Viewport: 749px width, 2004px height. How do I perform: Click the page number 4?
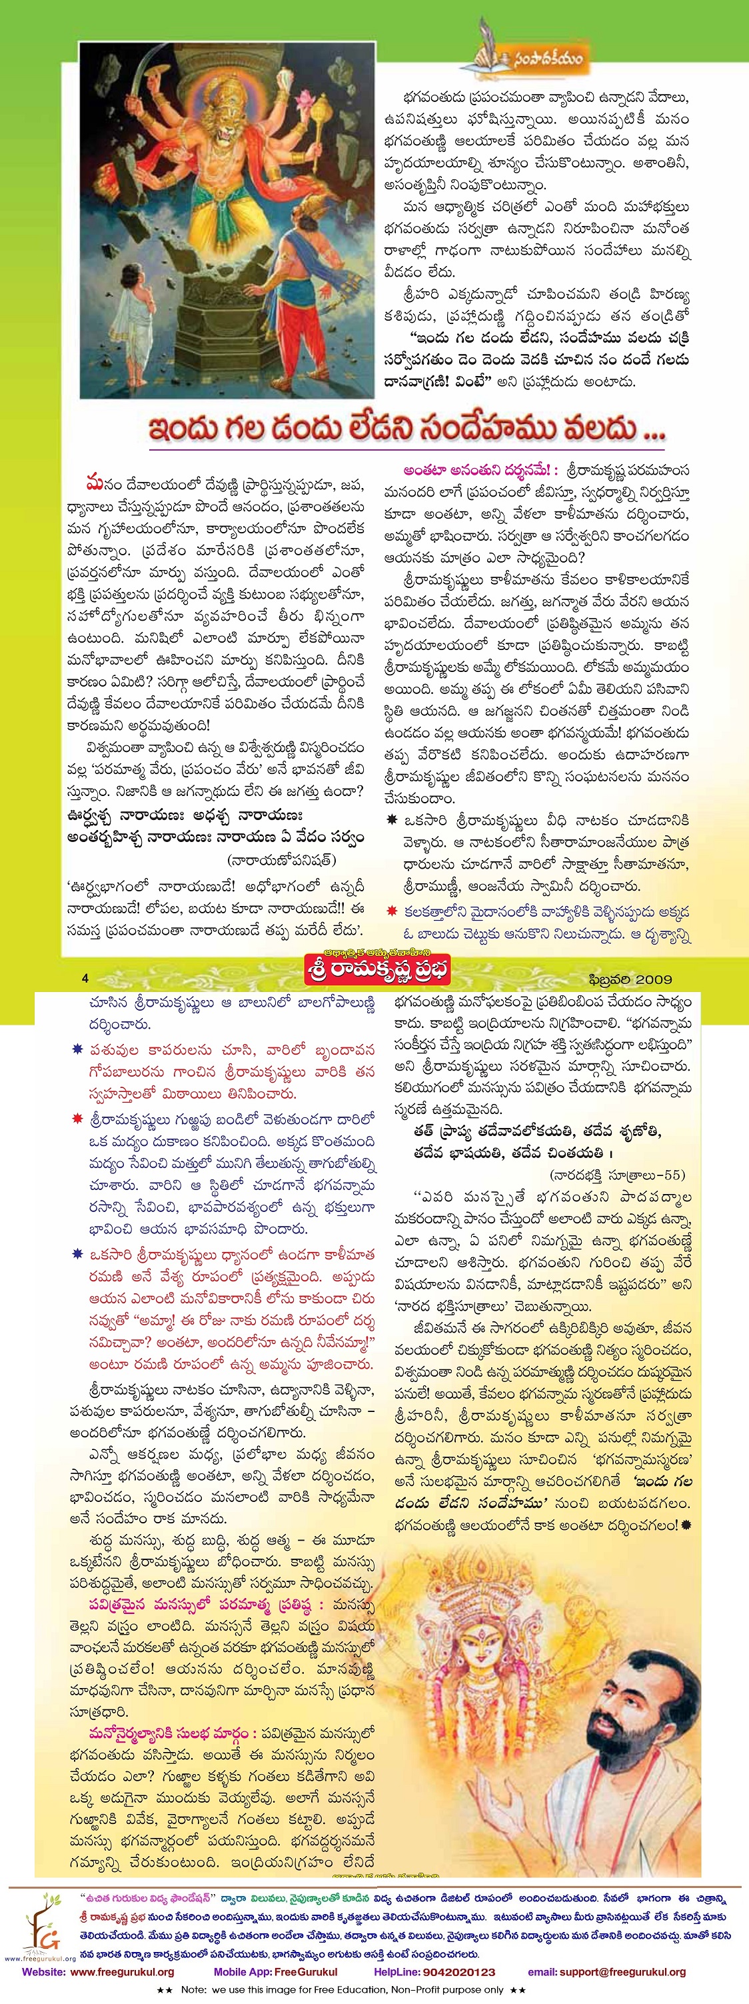(x=85, y=978)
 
